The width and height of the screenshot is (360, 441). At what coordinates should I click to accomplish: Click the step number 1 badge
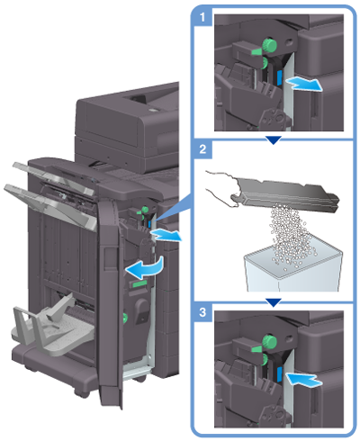tap(202, 17)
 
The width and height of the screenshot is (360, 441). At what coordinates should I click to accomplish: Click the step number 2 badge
tap(202, 149)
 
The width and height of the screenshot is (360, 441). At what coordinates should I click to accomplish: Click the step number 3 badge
tap(202, 312)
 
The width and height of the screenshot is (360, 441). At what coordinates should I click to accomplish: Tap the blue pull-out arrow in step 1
tap(303, 84)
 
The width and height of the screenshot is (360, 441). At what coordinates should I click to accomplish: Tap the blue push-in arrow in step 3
tap(303, 380)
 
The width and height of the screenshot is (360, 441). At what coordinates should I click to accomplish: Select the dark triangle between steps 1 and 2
tap(273, 139)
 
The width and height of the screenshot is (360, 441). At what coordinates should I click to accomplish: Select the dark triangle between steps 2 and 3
tap(273, 302)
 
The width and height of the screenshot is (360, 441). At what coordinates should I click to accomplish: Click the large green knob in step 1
tap(269, 45)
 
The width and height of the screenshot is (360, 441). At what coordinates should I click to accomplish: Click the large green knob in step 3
tap(269, 342)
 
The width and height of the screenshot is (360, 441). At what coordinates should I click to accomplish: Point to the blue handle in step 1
tap(278, 78)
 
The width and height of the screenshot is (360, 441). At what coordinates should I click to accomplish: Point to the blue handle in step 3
tap(278, 375)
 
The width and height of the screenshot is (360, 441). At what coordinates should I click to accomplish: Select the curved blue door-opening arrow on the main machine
tap(146, 266)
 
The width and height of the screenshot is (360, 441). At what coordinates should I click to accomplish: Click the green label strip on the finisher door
tap(138, 283)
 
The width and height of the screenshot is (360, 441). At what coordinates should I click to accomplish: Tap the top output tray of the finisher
tap(53, 178)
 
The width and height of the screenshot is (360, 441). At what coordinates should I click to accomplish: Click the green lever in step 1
tap(257, 51)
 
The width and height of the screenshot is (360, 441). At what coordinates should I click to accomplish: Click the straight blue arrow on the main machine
tap(166, 235)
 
